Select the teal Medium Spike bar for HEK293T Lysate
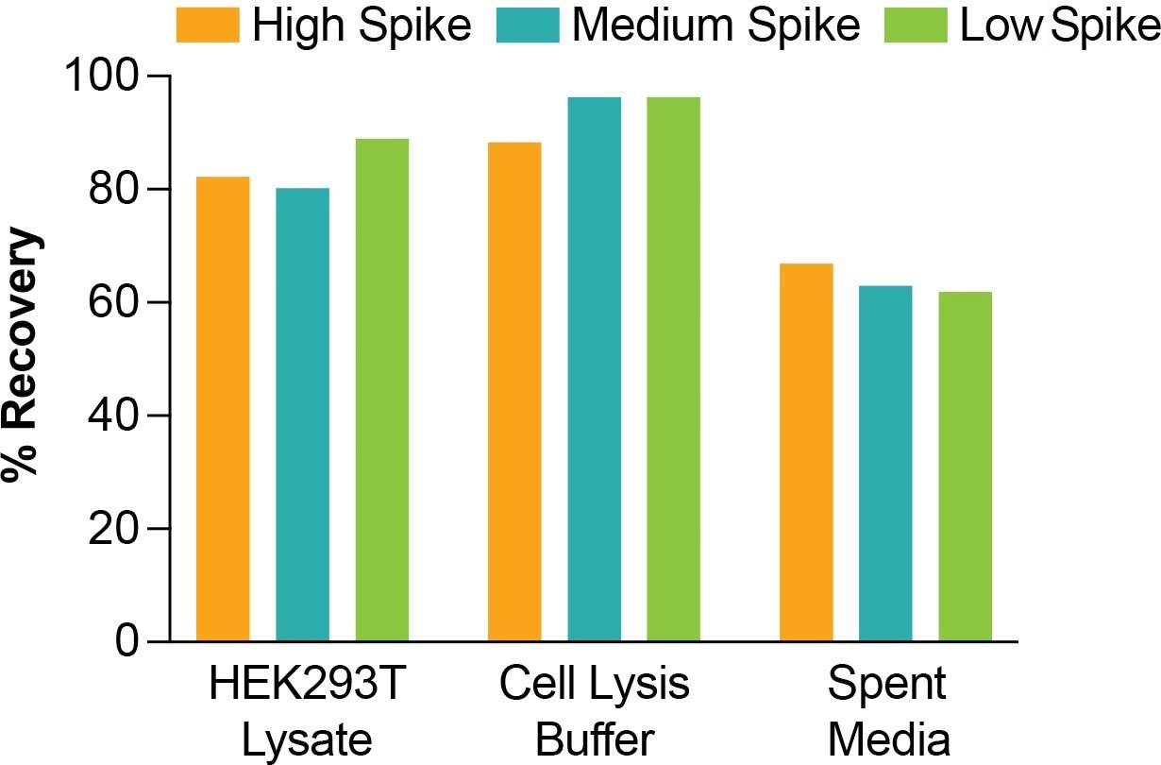[x=302, y=415]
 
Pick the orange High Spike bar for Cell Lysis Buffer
[x=514, y=392]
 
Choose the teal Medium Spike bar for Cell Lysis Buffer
[x=594, y=369]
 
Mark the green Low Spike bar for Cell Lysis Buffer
[x=673, y=369]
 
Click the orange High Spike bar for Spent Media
[x=806, y=452]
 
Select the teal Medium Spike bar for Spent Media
[x=885, y=464]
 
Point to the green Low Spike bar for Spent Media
[x=965, y=467]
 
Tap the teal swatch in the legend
[x=529, y=25]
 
